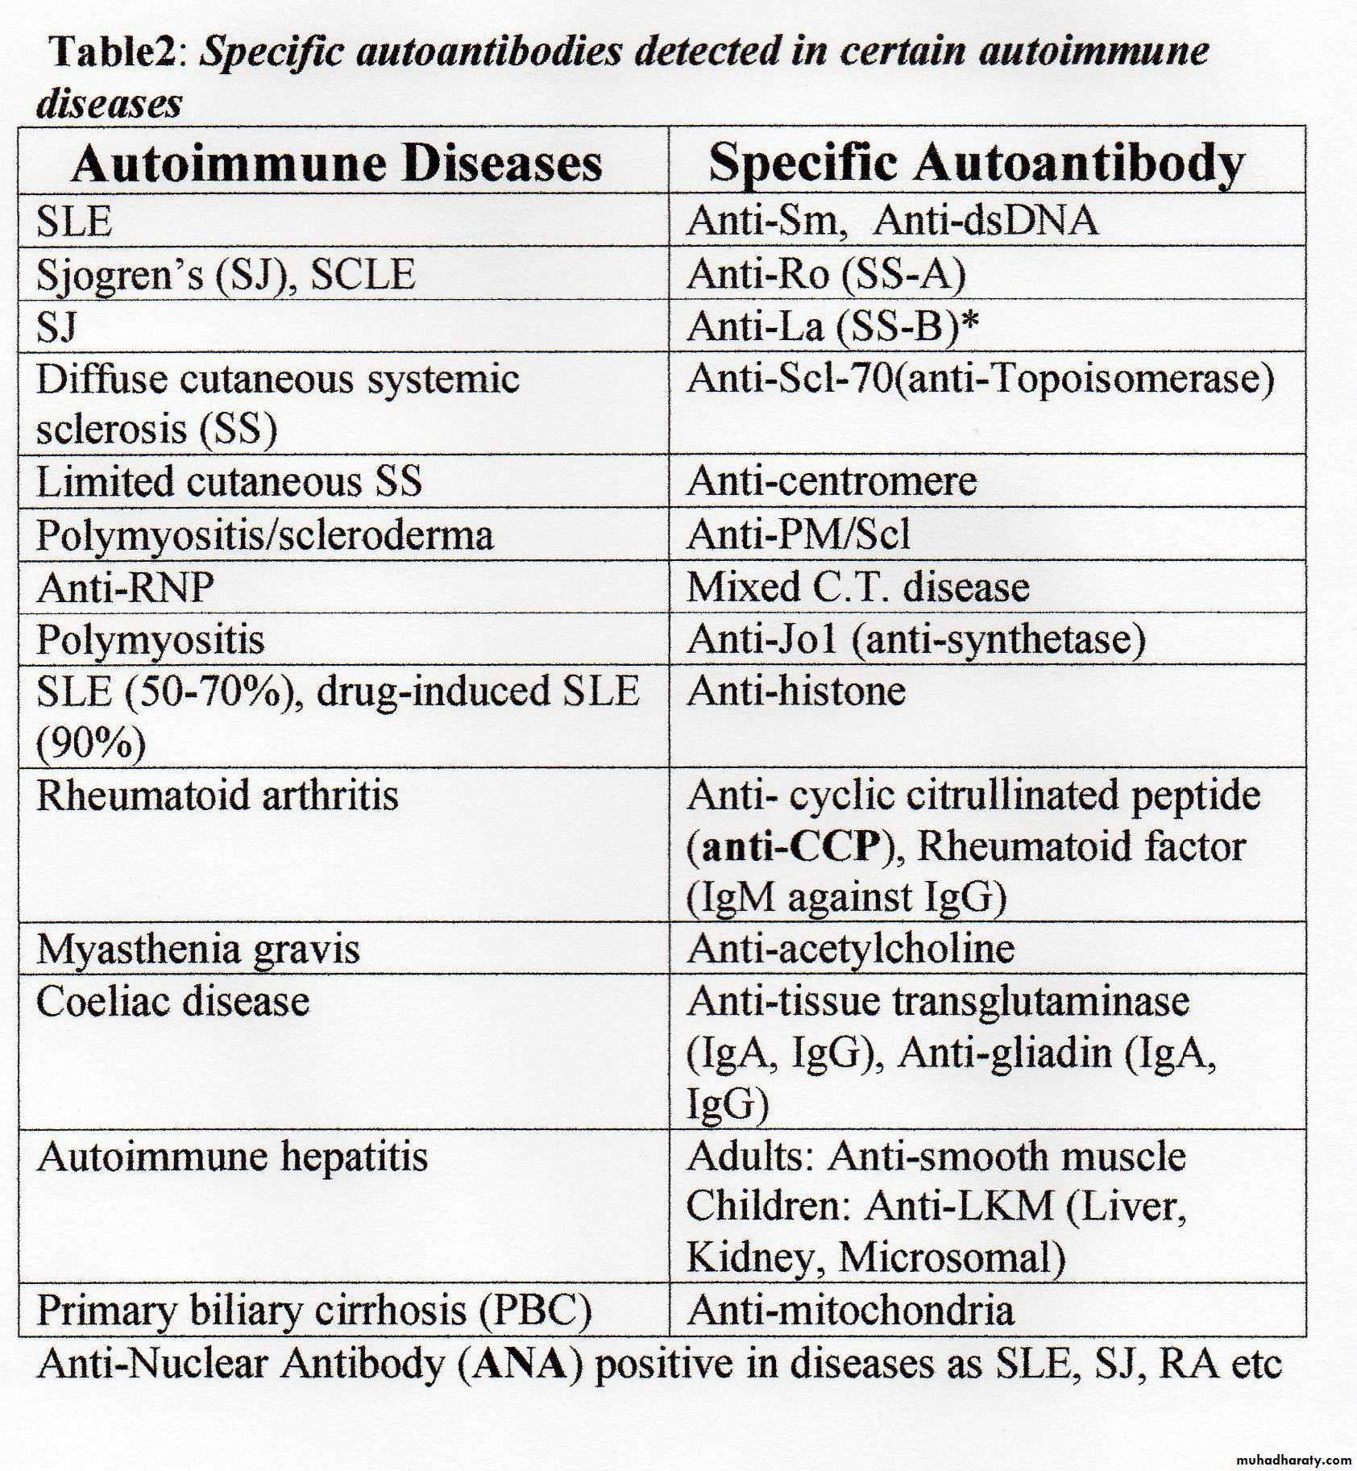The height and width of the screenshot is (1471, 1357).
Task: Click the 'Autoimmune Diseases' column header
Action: tap(337, 164)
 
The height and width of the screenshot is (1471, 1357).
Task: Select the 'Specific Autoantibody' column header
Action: tap(976, 164)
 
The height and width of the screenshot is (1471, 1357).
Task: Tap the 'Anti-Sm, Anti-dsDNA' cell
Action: tap(891, 220)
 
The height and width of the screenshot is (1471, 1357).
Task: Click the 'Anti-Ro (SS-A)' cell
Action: tap(826, 274)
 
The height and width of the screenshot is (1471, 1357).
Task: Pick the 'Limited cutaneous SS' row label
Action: tap(229, 481)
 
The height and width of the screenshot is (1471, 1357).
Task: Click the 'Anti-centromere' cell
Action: tap(832, 481)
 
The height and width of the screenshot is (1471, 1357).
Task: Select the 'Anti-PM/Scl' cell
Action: tap(799, 534)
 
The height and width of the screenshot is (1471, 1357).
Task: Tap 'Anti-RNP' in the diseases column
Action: tap(126, 587)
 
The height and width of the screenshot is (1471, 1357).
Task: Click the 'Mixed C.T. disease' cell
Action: tap(857, 587)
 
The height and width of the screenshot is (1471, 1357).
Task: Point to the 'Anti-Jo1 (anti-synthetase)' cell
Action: tap(915, 639)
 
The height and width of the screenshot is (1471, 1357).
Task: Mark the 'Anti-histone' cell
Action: tap(796, 692)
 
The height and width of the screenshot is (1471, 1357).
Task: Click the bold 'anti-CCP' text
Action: tap(791, 846)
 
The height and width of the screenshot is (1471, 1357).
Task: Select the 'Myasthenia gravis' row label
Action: tap(198, 949)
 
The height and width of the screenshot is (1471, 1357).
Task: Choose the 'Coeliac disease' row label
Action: tap(173, 1002)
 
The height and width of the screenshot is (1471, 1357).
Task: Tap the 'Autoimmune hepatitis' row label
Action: tap(233, 1157)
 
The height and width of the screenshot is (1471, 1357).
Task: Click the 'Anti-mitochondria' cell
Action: tap(850, 1310)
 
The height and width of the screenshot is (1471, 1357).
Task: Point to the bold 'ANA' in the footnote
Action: tap(520, 1364)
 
